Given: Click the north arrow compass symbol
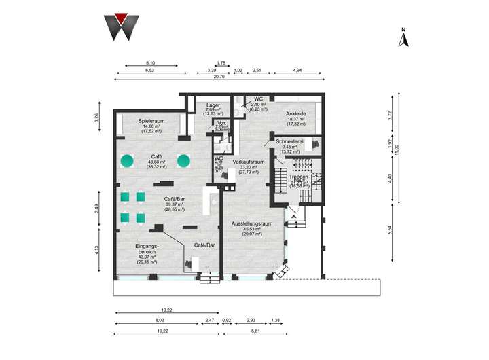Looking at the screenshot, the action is (403, 37).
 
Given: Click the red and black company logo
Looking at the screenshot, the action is (122, 26).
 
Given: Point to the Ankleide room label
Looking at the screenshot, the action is (297, 113).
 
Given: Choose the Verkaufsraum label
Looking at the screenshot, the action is (247, 162).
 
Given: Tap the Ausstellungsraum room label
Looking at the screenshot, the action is (251, 223).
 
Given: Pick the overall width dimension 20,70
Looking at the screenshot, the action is (219, 76).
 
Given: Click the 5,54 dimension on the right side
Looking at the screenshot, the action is (390, 231).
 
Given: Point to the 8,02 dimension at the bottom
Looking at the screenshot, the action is (159, 319).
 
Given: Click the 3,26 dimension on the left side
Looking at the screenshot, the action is (97, 116).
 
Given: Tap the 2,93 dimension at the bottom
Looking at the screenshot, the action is (251, 319).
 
